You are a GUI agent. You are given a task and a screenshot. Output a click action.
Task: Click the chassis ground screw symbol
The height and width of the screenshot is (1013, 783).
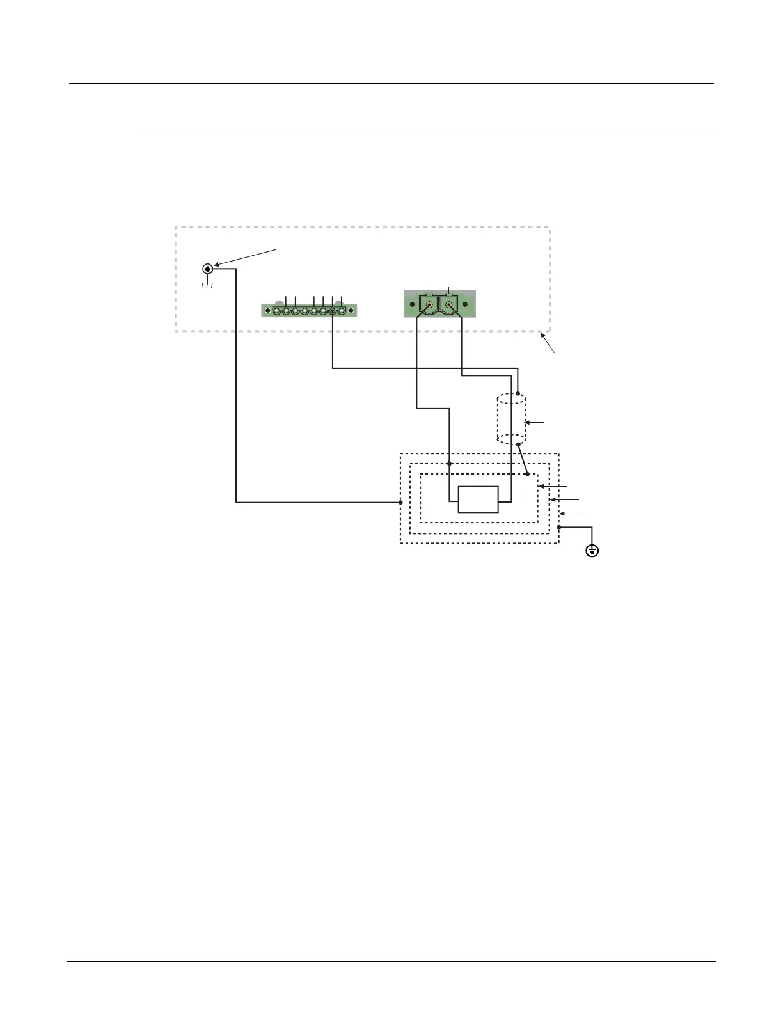tap(207, 269)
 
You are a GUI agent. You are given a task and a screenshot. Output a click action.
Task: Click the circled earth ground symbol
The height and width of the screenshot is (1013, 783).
tap(592, 550)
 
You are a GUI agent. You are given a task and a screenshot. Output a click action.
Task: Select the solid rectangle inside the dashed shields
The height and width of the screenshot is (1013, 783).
tap(478, 499)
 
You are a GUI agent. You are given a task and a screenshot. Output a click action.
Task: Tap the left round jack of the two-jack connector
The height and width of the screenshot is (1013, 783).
tap(428, 305)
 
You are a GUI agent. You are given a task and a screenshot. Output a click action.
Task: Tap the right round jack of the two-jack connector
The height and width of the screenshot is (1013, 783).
tap(450, 305)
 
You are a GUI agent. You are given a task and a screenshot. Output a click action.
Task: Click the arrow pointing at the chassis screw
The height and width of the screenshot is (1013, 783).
tap(246, 256)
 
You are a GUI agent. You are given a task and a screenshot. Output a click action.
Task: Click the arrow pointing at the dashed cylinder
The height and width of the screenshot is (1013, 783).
tap(535, 423)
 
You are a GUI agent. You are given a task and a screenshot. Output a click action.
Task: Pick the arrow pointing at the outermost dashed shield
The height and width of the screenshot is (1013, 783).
tap(574, 514)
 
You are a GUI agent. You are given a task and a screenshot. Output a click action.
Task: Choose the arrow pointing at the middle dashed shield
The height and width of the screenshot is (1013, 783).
tap(564, 499)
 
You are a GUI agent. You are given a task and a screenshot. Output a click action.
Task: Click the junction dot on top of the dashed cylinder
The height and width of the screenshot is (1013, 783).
tap(518, 393)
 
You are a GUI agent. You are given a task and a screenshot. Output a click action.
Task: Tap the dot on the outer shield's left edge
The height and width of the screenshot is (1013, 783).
tap(400, 503)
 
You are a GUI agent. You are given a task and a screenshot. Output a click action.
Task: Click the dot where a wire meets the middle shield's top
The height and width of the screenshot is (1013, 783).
tap(450, 464)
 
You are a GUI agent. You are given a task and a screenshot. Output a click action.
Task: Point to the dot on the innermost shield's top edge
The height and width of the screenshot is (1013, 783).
tap(527, 474)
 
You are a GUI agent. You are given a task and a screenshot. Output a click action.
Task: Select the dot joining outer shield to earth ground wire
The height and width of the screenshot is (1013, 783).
tap(559, 527)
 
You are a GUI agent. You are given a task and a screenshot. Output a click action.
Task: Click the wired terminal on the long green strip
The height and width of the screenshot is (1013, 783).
tap(333, 311)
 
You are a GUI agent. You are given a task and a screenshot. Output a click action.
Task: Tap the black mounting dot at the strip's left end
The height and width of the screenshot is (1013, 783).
tap(267, 311)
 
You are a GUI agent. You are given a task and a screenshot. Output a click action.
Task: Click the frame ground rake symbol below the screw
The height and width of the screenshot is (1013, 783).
tap(207, 284)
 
